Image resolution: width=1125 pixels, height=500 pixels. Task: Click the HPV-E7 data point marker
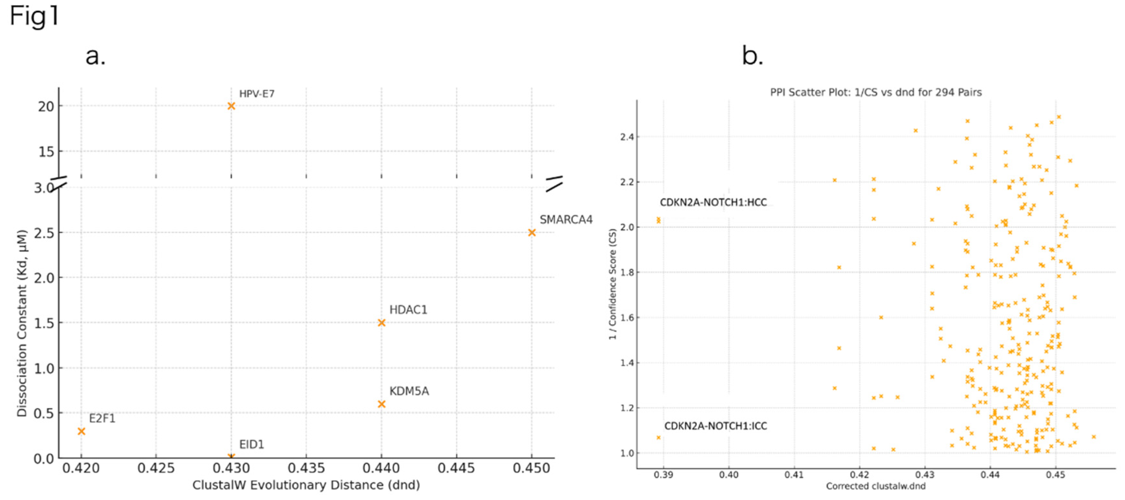tap(231, 106)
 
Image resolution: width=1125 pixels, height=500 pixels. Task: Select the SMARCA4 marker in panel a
tap(532, 232)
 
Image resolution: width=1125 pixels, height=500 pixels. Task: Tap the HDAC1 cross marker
tap(381, 323)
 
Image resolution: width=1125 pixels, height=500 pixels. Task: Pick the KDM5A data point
tap(381, 404)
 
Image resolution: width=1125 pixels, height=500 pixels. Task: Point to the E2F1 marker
tap(81, 431)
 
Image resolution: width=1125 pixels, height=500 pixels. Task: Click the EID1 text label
tap(252, 445)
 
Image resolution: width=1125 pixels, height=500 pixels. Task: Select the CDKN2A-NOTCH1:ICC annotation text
tap(715, 426)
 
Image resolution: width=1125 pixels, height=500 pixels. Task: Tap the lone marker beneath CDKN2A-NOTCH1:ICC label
tap(659, 437)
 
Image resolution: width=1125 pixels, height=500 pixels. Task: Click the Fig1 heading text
tap(34, 17)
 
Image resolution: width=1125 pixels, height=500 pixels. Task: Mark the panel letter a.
tap(95, 56)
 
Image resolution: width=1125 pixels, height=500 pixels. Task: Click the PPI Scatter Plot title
tap(876, 92)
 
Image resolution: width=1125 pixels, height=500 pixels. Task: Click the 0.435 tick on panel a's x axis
tap(306, 468)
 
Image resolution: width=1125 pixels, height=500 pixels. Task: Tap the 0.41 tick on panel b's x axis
tap(793, 475)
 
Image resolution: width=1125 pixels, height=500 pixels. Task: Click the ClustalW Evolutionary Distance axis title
tap(306, 485)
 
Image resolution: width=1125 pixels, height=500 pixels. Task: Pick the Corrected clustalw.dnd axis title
tap(875, 486)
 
